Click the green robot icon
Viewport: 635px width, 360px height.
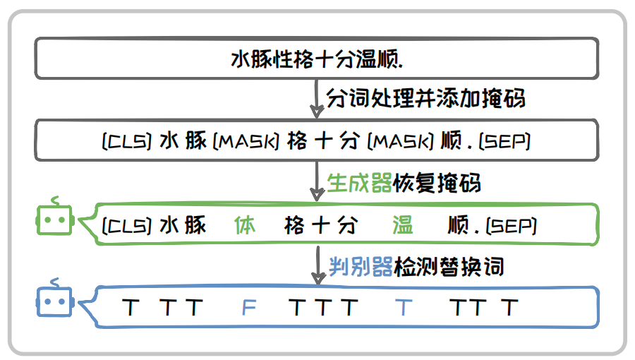pyautogui.click(x=54, y=219)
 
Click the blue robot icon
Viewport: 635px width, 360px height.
pyautogui.click(x=54, y=301)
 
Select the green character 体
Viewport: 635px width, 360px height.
pyautogui.click(x=245, y=226)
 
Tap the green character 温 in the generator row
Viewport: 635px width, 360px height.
pyautogui.click(x=402, y=226)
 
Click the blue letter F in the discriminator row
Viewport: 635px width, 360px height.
pyautogui.click(x=248, y=308)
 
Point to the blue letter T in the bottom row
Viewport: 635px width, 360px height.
pyautogui.click(x=403, y=308)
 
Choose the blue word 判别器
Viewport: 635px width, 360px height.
pyautogui.click(x=361, y=267)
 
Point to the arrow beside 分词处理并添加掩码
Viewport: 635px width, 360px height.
pyautogui.click(x=317, y=99)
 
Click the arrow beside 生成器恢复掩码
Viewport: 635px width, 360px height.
pyautogui.click(x=317, y=184)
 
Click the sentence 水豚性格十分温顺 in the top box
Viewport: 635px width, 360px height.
pyautogui.click(x=317, y=59)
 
